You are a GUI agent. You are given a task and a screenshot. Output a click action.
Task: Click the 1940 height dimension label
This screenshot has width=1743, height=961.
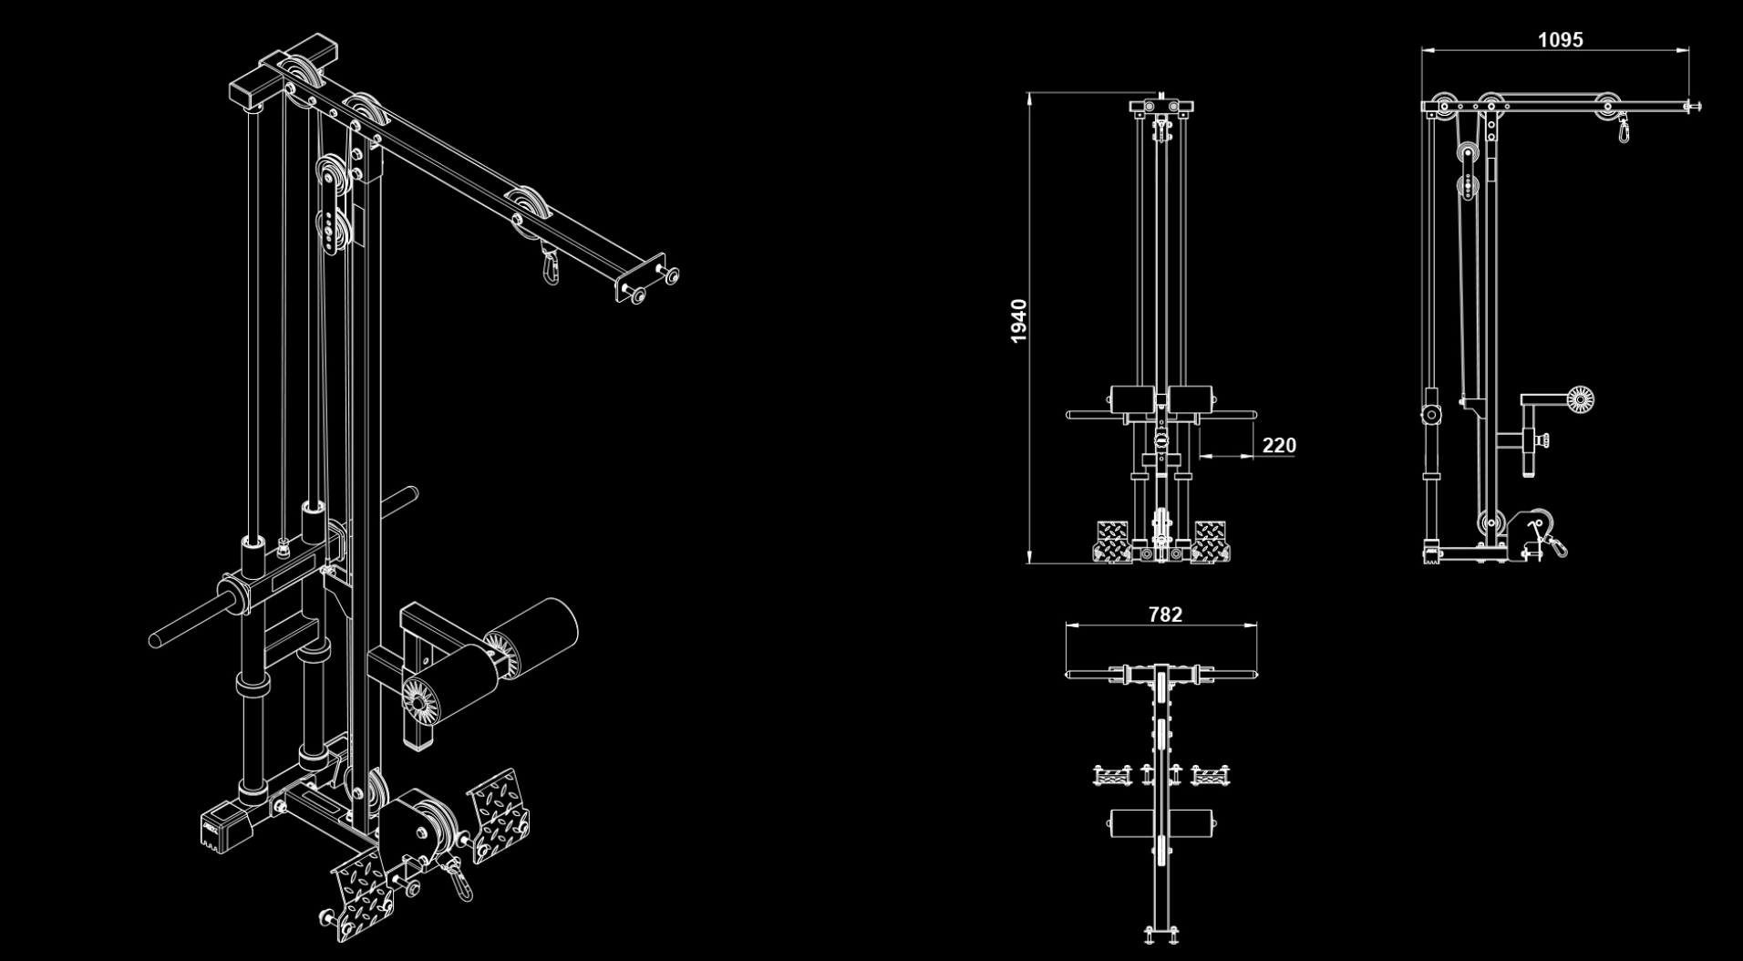pyautogui.click(x=1018, y=321)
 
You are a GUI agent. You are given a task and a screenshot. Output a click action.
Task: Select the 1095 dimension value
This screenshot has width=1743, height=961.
pyautogui.click(x=1560, y=39)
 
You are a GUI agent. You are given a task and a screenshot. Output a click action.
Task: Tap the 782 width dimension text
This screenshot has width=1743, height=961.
pyautogui.click(x=1165, y=615)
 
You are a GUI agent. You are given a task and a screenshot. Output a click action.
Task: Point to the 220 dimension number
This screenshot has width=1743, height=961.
pyautogui.click(x=1278, y=445)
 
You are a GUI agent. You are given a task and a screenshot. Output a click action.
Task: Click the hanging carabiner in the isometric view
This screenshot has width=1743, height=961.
pyautogui.click(x=550, y=266)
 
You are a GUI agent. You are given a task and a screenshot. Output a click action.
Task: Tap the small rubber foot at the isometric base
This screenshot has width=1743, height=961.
pyautogui.click(x=224, y=829)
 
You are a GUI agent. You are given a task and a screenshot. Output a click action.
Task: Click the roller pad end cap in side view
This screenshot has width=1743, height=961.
pyautogui.click(x=1580, y=399)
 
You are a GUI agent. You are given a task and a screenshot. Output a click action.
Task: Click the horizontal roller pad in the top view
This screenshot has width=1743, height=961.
pyautogui.click(x=1163, y=823)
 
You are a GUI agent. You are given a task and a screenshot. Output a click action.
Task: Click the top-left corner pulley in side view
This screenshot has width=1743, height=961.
pyautogui.click(x=1442, y=104)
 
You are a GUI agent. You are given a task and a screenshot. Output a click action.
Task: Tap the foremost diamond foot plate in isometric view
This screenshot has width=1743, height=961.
pyautogui.click(x=363, y=894)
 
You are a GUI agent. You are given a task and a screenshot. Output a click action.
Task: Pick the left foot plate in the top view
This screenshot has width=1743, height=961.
pyautogui.click(x=1112, y=775)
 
